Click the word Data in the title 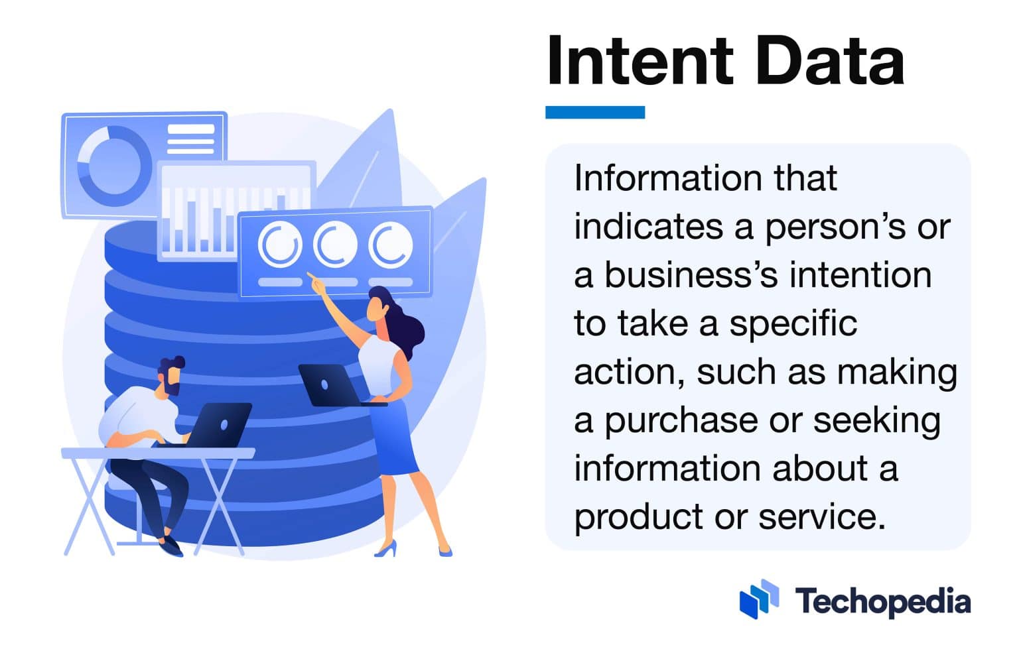click(x=829, y=61)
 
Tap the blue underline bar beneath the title click(x=594, y=112)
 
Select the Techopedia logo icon click(x=759, y=599)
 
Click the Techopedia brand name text click(x=883, y=601)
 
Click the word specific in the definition click(x=793, y=324)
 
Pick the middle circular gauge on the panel click(x=335, y=245)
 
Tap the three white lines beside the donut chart click(x=191, y=139)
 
